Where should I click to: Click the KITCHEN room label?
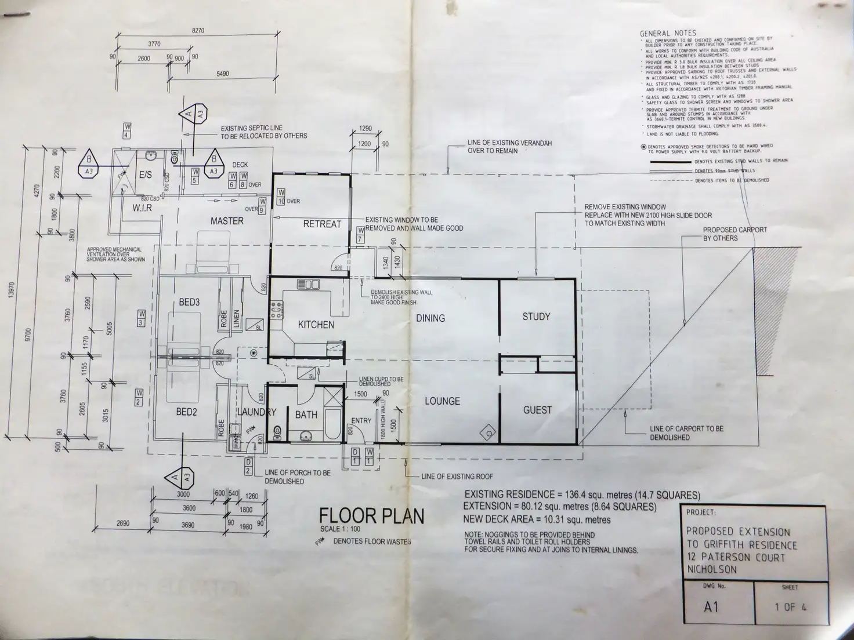pyautogui.click(x=316, y=325)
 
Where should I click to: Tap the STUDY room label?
pyautogui.click(x=536, y=317)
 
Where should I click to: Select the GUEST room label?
pyautogui.click(x=537, y=410)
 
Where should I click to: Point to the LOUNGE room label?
pyautogui.click(x=442, y=401)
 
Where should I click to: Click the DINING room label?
pyautogui.click(x=430, y=318)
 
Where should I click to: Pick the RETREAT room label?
pyautogui.click(x=322, y=224)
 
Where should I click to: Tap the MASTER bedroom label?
pyautogui.click(x=227, y=221)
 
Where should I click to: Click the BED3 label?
pyautogui.click(x=189, y=302)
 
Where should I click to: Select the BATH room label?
pyautogui.click(x=306, y=414)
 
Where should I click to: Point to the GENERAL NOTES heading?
pyautogui.click(x=668, y=34)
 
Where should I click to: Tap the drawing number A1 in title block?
pyautogui.click(x=711, y=606)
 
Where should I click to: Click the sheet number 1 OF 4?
pyautogui.click(x=790, y=607)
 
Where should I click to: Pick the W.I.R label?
pyautogui.click(x=142, y=208)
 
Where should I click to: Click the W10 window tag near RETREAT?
pyautogui.click(x=281, y=197)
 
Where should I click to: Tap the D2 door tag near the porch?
pyautogui.click(x=248, y=466)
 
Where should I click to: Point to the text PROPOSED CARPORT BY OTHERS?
pyautogui.click(x=734, y=234)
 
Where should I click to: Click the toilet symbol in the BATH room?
pyautogui.click(x=277, y=431)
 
